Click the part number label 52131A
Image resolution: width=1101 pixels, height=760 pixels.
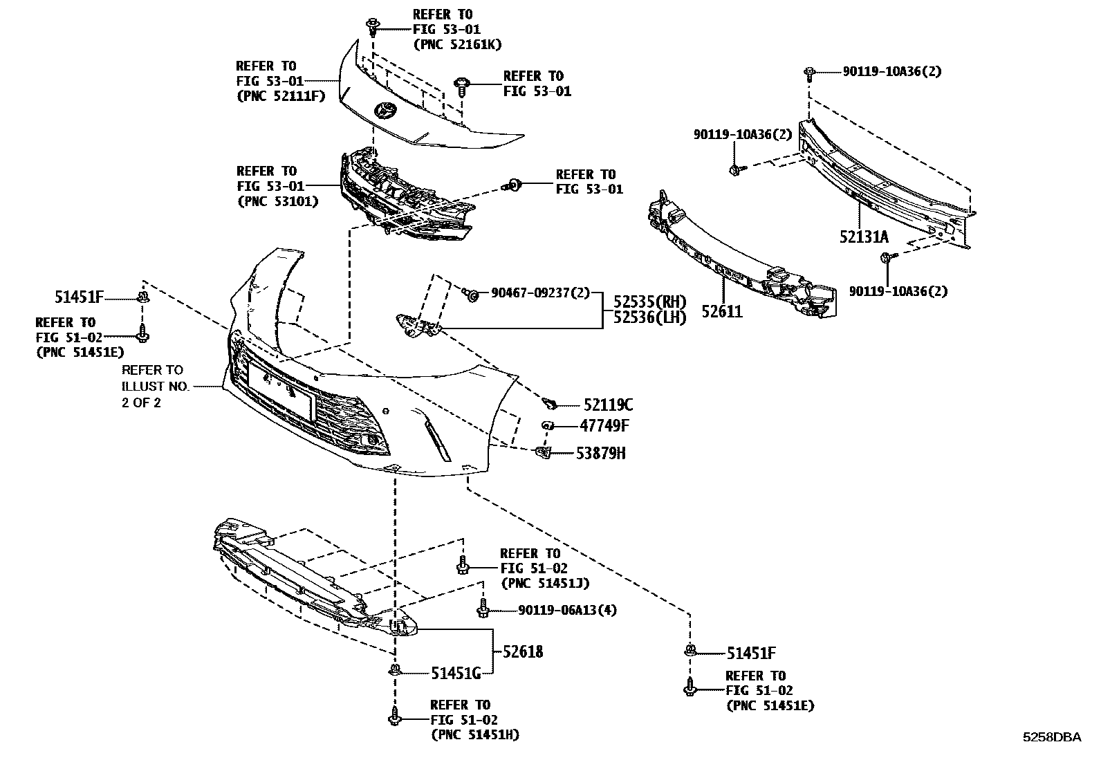(864, 237)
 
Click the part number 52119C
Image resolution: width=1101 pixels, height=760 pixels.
(607, 405)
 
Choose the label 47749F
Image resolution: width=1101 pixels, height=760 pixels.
(605, 426)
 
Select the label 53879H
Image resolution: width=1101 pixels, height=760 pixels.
(601, 454)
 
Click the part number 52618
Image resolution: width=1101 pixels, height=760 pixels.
(522, 651)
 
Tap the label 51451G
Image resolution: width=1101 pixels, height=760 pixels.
(455, 672)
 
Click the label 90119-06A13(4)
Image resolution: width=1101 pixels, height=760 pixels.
(566, 610)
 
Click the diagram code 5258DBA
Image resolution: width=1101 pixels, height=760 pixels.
(1052, 737)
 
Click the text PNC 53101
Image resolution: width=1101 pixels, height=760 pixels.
(277, 201)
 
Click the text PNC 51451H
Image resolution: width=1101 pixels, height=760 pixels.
(474, 734)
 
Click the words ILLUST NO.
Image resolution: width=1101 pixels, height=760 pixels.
(155, 387)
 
